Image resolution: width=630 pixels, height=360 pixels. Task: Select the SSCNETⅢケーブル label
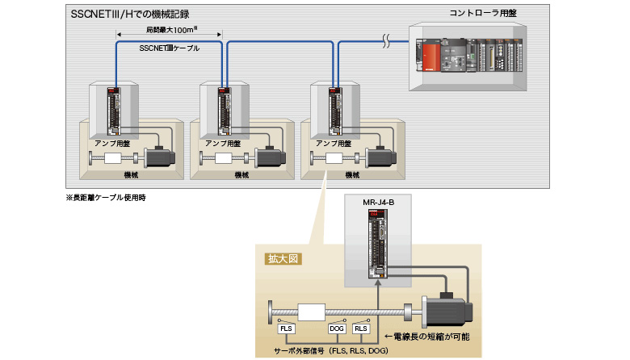(170, 48)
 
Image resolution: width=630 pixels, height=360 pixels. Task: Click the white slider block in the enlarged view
(311, 311)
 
